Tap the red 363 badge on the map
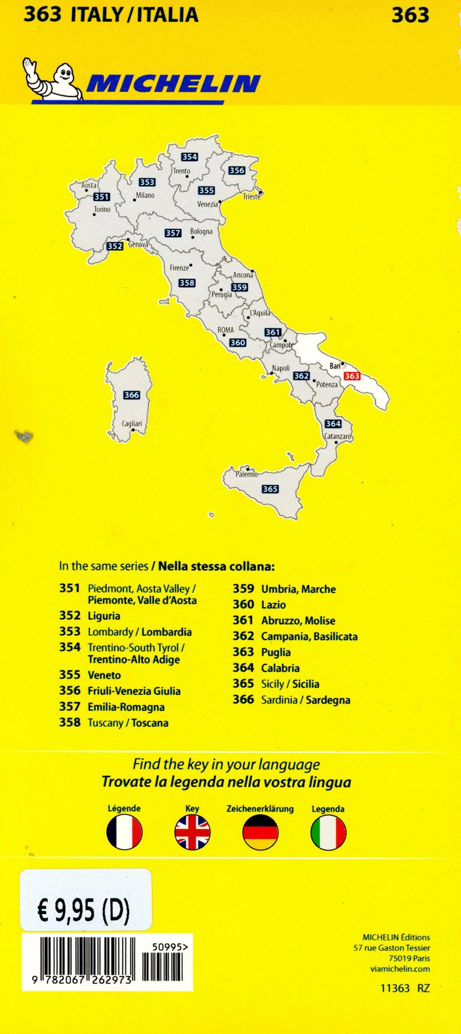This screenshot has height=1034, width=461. tap(352, 376)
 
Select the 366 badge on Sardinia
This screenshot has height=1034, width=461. tap(132, 395)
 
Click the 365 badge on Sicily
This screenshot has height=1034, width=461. tap(270, 489)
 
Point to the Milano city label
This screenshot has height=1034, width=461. tap(145, 195)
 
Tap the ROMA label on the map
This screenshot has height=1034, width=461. tap(226, 330)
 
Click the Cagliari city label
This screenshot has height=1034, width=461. tap(132, 423)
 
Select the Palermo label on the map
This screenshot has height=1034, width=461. tap(246, 474)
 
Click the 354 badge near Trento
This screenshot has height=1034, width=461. tap(189, 157)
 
